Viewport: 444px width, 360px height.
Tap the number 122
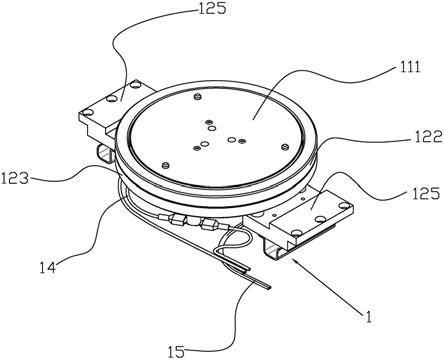427,136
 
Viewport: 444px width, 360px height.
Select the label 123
15,179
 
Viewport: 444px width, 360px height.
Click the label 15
177,352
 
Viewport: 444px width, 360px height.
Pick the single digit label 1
367,317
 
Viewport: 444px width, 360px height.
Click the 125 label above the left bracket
212,8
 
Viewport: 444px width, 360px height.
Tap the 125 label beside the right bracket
427,194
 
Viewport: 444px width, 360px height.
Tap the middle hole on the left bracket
112,98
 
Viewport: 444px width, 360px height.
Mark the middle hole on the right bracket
320,219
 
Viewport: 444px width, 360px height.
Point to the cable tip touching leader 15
269,287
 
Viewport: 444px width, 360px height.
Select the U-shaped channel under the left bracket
106,153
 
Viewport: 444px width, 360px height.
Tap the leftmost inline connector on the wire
175,219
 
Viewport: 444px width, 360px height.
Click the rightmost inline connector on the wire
208,225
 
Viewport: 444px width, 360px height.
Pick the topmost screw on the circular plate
198,97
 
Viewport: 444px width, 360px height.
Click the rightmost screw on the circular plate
284,146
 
